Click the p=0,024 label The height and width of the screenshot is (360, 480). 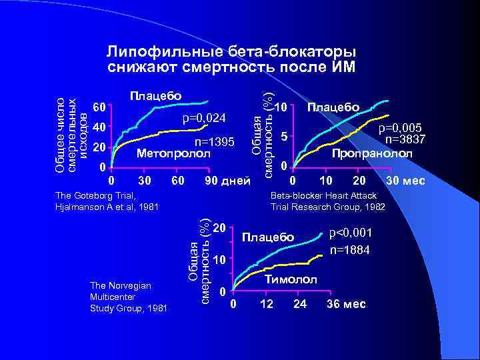[205, 119]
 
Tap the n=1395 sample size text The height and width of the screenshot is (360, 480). [214, 142]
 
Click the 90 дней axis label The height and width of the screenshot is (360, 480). [227, 181]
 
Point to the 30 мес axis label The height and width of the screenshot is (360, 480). [405, 181]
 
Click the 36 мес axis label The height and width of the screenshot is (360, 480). [345, 305]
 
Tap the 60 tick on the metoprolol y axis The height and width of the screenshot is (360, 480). [99, 107]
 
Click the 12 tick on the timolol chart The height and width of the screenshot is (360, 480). [266, 305]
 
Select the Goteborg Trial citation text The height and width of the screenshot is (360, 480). [106, 201]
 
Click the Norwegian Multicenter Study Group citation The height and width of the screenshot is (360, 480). [128, 297]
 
